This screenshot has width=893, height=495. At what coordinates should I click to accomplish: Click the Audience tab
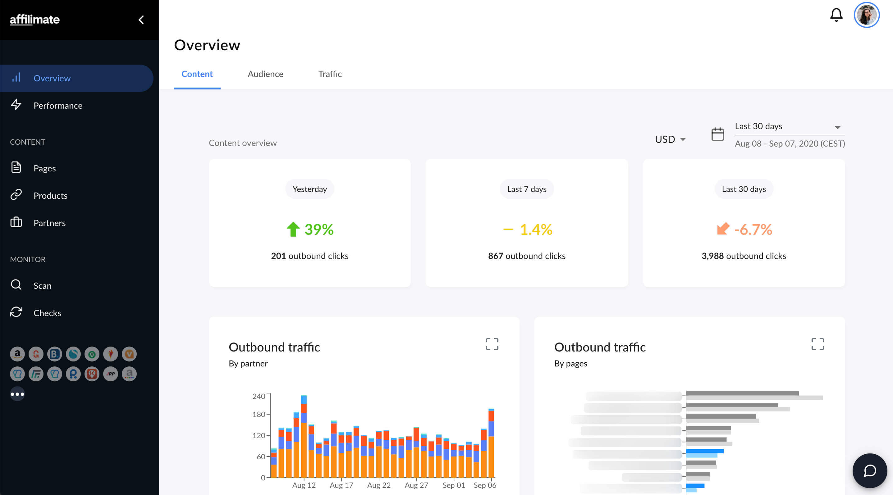(x=265, y=74)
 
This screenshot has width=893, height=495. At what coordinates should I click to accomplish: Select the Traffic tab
(x=330, y=74)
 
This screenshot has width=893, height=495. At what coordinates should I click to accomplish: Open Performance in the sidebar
(x=57, y=105)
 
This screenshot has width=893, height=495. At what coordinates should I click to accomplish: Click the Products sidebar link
(x=50, y=195)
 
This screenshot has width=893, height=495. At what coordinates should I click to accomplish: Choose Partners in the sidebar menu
(x=49, y=223)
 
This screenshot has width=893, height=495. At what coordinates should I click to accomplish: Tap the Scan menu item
(x=42, y=285)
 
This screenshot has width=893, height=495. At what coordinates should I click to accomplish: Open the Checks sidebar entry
(x=47, y=313)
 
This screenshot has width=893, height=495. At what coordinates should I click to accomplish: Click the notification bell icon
(x=836, y=15)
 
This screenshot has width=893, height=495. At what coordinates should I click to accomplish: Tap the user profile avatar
(x=866, y=15)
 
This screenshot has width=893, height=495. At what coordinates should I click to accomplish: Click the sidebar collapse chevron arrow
(x=141, y=20)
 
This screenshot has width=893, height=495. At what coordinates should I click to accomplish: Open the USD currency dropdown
(x=670, y=139)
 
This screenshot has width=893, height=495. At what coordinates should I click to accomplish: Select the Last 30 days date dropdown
(x=789, y=126)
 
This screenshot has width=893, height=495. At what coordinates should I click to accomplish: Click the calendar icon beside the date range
(x=717, y=134)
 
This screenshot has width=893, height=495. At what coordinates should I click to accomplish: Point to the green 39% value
(x=318, y=229)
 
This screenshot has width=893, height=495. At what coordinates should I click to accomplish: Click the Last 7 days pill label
(x=526, y=189)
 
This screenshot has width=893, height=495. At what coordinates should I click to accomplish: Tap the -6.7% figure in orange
(x=753, y=229)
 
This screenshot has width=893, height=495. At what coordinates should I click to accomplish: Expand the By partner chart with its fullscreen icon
(x=492, y=344)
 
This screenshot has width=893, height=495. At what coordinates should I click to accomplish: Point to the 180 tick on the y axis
(x=259, y=414)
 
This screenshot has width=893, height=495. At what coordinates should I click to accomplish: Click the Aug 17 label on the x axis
(x=341, y=485)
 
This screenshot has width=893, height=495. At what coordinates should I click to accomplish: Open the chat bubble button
(x=869, y=470)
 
